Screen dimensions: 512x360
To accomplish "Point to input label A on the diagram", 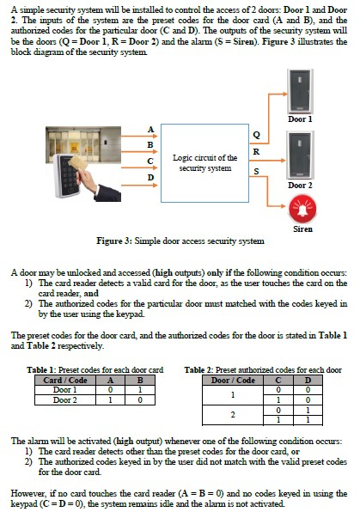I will point(151,129).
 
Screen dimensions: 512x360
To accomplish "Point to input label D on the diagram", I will point(151,178).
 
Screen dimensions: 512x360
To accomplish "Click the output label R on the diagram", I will point(255,153).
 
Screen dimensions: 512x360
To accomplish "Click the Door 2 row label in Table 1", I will point(65,399).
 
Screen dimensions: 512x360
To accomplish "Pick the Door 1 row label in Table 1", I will point(65,390).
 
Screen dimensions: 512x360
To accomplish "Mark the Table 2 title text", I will point(263,370).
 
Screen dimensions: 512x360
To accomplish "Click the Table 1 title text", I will point(95,370).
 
